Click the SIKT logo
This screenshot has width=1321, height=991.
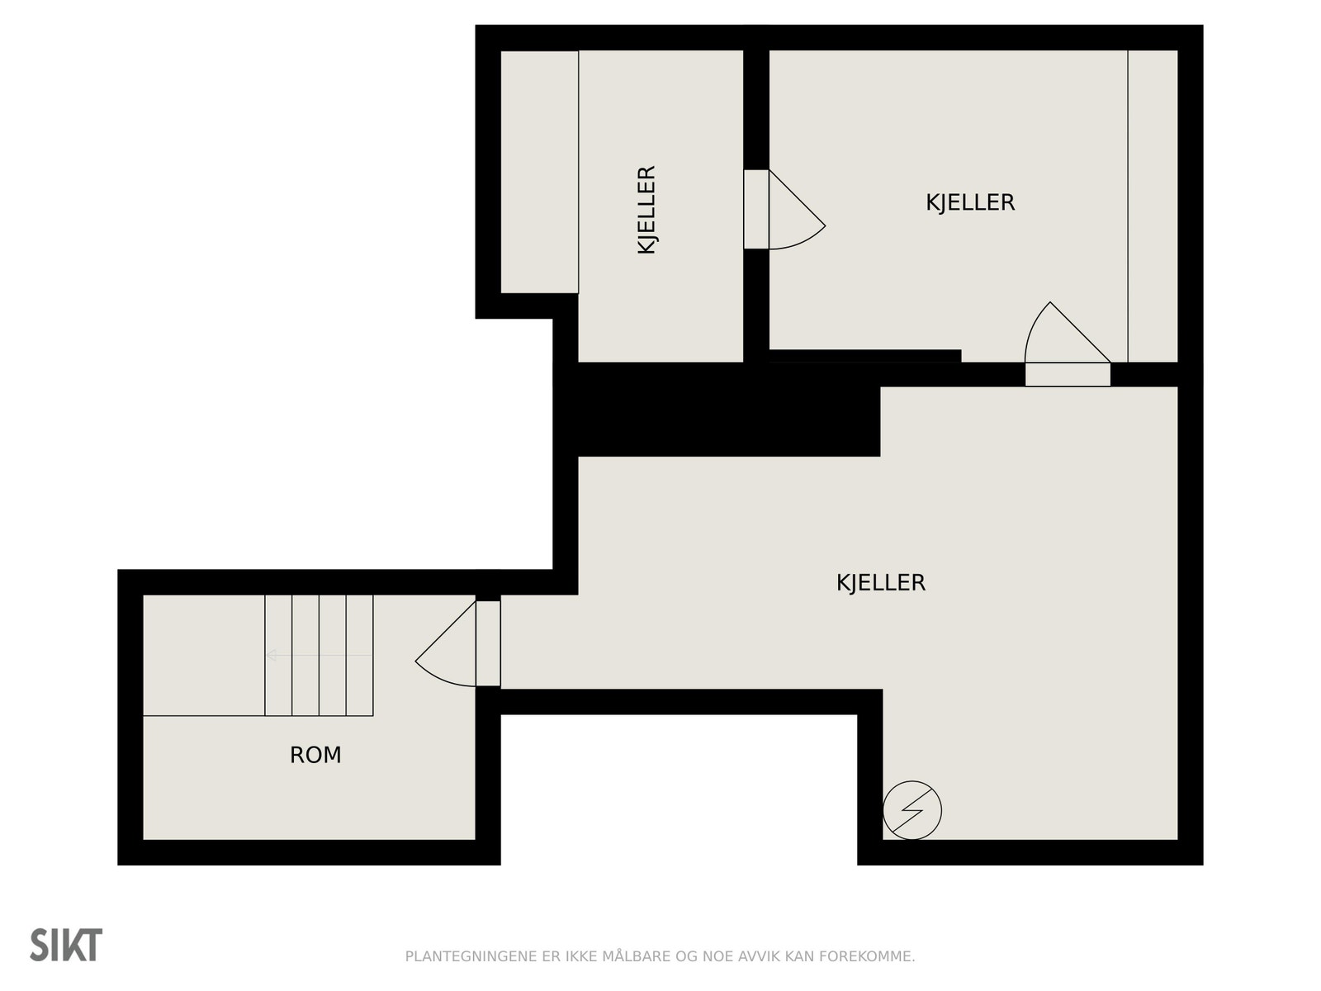coord(66,946)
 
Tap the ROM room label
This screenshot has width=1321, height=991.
coord(315,755)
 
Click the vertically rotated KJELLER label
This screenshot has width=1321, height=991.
coord(646,210)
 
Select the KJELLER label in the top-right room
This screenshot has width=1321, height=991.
coord(970,203)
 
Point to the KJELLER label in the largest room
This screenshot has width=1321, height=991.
coord(881,582)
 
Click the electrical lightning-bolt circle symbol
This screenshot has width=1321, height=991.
coord(911,810)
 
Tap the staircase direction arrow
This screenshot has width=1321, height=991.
coord(319,655)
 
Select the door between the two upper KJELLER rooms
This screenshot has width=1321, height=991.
coord(784,209)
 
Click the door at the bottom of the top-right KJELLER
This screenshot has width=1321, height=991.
coord(1068,344)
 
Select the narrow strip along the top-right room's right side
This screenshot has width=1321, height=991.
coord(1153,206)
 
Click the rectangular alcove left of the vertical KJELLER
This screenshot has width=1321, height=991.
coord(539,172)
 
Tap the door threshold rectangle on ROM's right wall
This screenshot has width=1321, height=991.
coord(488,643)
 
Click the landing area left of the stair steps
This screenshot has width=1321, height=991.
coord(204,655)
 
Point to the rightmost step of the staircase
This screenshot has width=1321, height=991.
coord(359,655)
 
